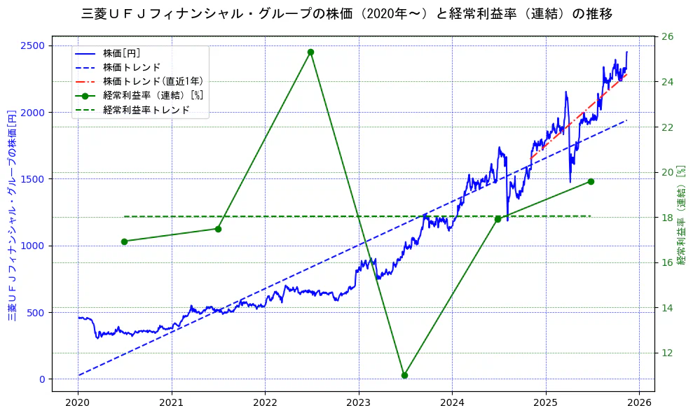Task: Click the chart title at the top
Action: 346,14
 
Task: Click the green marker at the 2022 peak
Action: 310,52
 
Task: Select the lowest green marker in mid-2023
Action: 404,375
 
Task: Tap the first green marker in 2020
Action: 124,241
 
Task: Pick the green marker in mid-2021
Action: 218,229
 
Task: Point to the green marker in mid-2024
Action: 498,219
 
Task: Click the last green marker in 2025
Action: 591,181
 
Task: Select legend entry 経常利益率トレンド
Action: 146,110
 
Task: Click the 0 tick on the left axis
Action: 42,379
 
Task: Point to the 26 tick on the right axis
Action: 668,36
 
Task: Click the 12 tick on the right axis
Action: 668,353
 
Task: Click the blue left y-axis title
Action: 12,215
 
